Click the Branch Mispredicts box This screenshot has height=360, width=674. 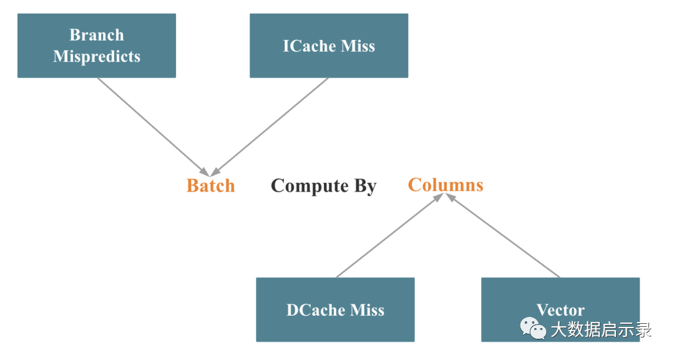click(96, 46)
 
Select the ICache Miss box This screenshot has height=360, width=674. click(328, 46)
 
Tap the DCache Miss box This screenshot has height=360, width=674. click(335, 310)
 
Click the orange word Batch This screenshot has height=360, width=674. click(210, 185)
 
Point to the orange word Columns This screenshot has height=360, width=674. click(446, 185)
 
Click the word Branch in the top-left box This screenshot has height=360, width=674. click(96, 35)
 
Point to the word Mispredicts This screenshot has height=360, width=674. click(96, 56)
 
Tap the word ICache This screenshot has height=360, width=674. click(310, 46)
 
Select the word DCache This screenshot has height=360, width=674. click(316, 310)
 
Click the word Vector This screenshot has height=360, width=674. click(560, 310)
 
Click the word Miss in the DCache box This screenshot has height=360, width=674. click(367, 310)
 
